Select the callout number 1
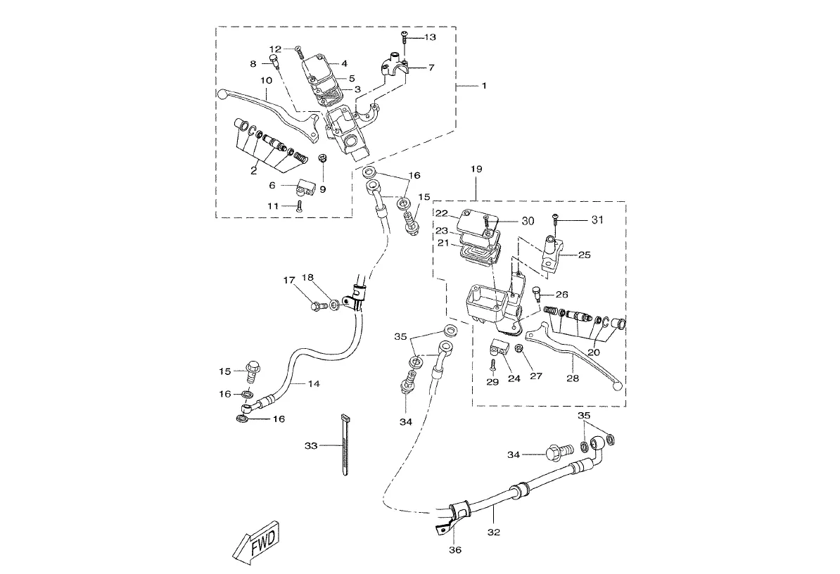(x=484, y=85)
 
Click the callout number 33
(x=312, y=446)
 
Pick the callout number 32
(x=494, y=532)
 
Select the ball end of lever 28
(x=618, y=385)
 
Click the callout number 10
(x=265, y=81)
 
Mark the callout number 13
(x=429, y=37)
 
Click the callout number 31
(x=597, y=220)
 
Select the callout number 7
(x=431, y=68)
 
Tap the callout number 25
(x=584, y=255)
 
